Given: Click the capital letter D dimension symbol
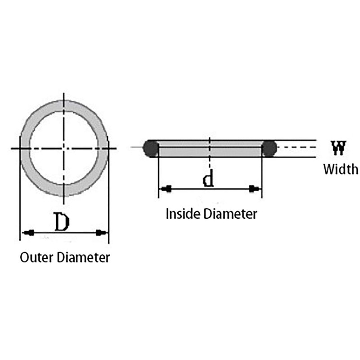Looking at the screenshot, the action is [x=62, y=222].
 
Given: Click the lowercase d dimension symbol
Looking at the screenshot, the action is [x=208, y=178].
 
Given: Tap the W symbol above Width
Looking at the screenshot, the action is [x=338, y=148].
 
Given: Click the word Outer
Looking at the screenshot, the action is [x=36, y=257].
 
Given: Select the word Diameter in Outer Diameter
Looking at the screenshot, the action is [x=83, y=257].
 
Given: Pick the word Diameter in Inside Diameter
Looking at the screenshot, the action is [x=230, y=214].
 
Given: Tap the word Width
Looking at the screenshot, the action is [x=341, y=169].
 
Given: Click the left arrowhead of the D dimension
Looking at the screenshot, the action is [x=28, y=233].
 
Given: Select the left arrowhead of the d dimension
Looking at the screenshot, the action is [x=166, y=189].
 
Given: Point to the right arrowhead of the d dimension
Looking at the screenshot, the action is [x=255, y=189].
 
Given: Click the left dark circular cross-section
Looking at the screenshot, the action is [x=151, y=148].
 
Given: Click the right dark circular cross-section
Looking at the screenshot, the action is [x=269, y=148].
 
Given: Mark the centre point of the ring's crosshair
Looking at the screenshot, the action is [x=64, y=148].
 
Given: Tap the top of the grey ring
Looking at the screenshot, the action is [x=64, y=106].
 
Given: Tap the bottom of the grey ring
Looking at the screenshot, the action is [x=64, y=191].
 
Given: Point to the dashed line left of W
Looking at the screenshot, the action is [x=297, y=147].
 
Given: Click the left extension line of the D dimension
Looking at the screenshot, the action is [x=20, y=188].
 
